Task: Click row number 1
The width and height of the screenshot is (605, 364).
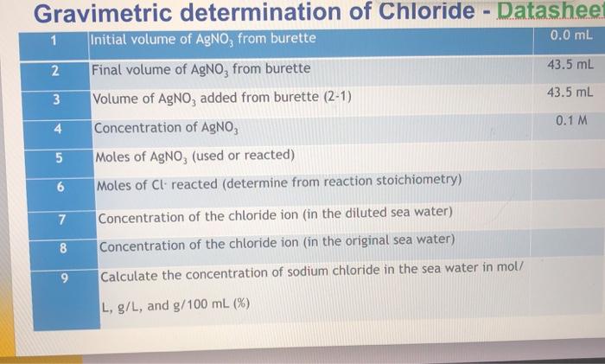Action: click(x=53, y=40)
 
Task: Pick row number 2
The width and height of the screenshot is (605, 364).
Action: click(x=54, y=69)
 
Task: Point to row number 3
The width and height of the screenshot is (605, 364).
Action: click(x=55, y=98)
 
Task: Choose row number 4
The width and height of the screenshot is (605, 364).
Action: click(x=57, y=129)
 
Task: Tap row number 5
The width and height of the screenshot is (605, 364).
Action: click(x=59, y=157)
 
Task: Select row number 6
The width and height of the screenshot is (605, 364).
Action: click(x=60, y=186)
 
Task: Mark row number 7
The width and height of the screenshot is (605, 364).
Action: click(x=61, y=215)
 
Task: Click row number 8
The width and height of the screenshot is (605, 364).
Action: click(x=62, y=246)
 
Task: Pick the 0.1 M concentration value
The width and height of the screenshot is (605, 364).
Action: click(x=571, y=120)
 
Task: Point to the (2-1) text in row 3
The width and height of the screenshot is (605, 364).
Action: click(x=333, y=97)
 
